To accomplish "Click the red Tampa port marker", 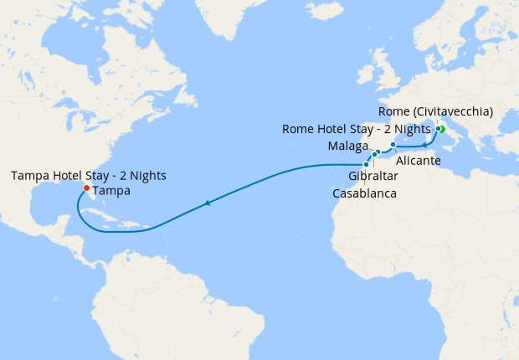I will click(86, 188).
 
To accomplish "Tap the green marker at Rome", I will click(440, 129).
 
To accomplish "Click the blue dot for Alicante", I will click(393, 145).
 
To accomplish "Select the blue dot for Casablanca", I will click(366, 164).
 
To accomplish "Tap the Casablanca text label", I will click(364, 193).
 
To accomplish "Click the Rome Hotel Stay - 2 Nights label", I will click(357, 129).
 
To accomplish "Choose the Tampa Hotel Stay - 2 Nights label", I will click(89, 175).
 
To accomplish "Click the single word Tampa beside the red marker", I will click(111, 191).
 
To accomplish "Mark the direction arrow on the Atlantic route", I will click(207, 203).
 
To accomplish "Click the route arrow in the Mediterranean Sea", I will click(425, 145).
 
